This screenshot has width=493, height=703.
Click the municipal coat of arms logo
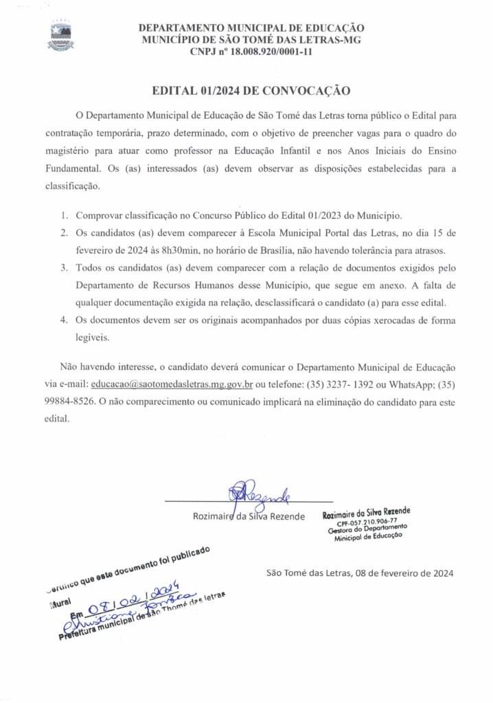60,38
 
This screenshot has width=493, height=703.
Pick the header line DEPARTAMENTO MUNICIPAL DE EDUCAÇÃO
251,28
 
